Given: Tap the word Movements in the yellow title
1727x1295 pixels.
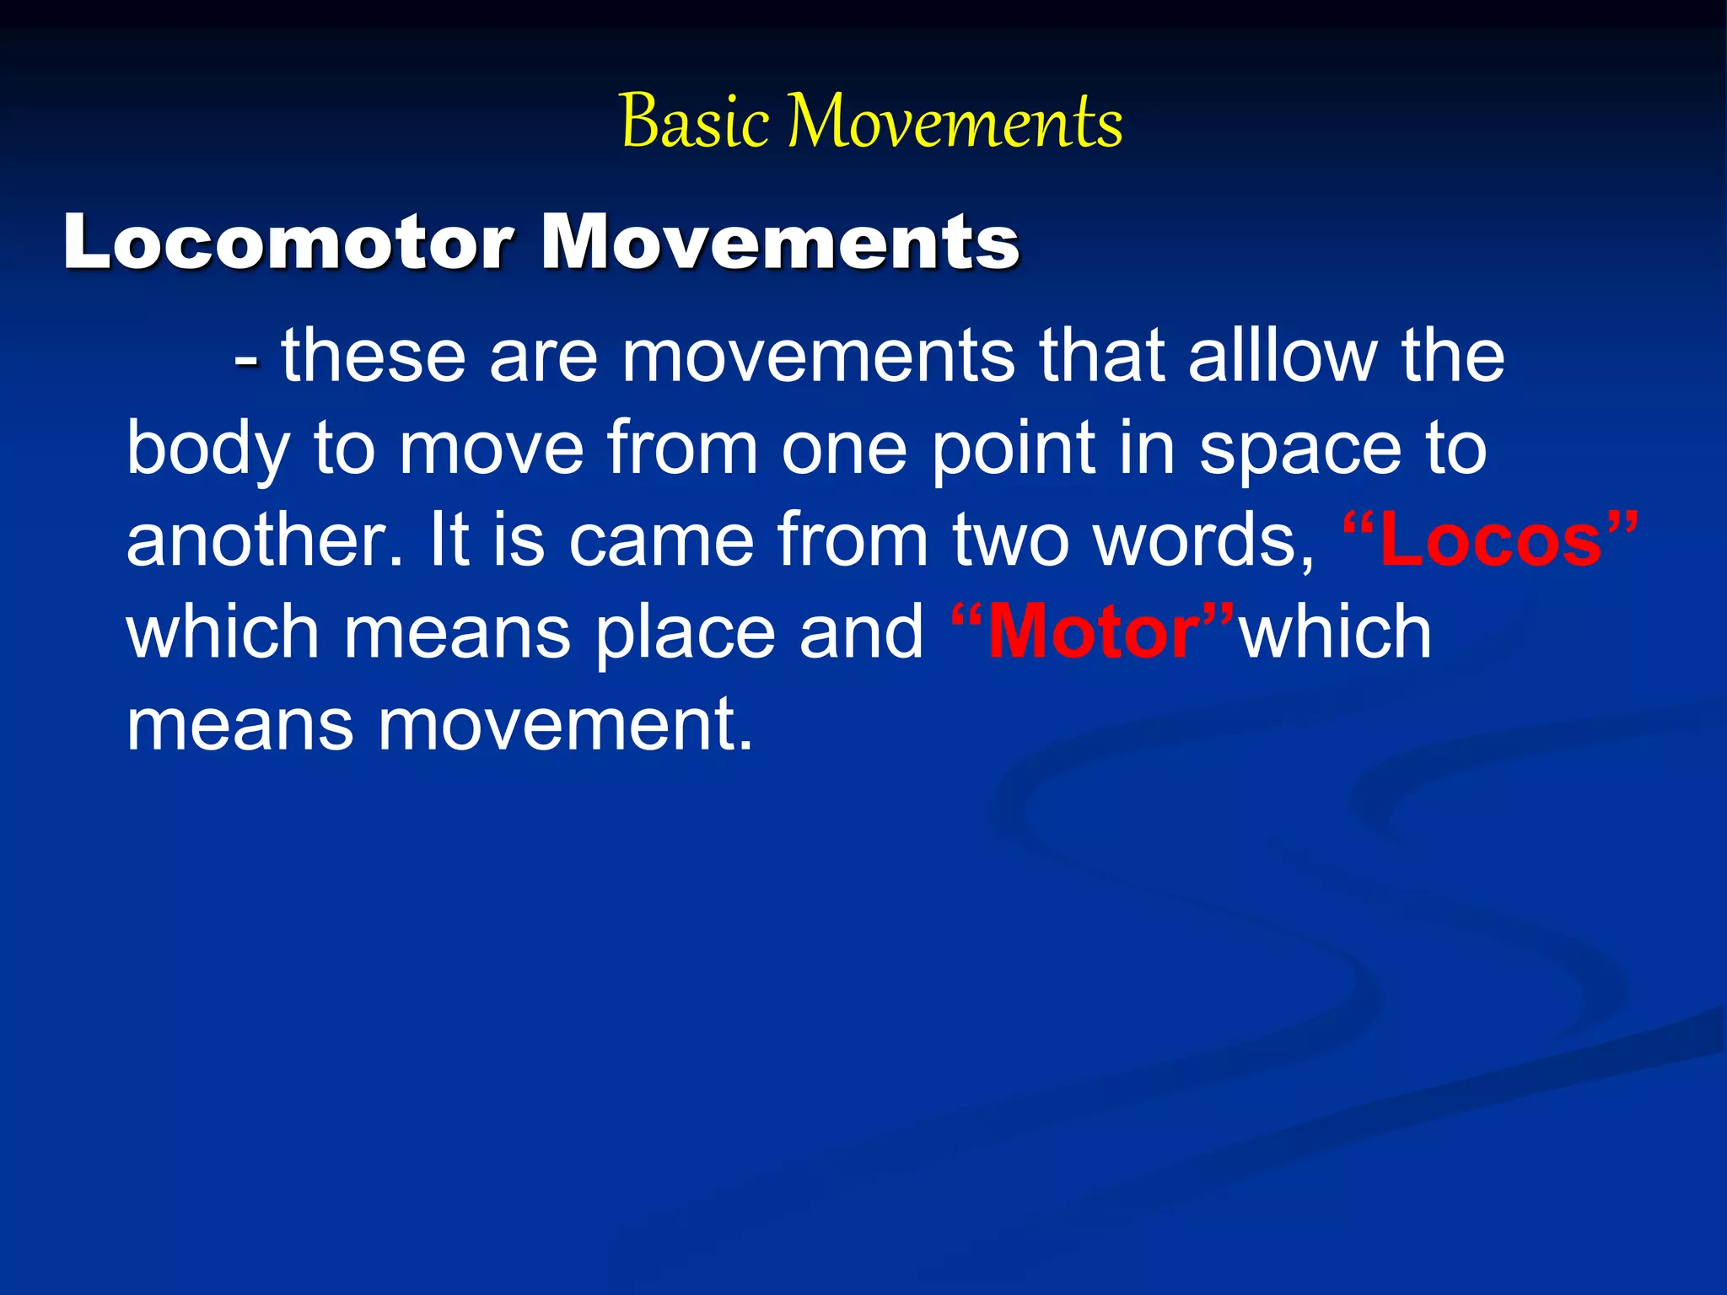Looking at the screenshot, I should [x=955, y=122].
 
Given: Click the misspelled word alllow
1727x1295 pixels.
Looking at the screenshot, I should [x=1283, y=356].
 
